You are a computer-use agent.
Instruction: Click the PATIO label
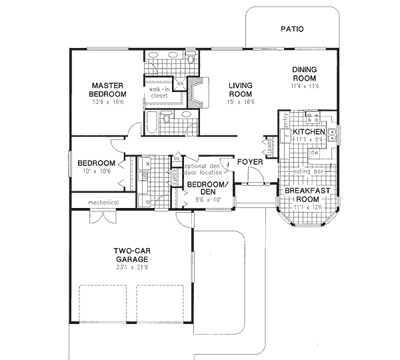coord(292,29)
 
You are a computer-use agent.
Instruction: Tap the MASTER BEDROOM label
coord(109,89)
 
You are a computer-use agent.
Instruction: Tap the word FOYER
coord(251,162)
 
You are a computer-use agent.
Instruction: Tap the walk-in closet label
coord(159,92)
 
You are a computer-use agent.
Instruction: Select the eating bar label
coord(308,171)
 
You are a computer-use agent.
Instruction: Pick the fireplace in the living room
coord(196,92)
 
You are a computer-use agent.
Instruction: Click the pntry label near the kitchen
coord(285,121)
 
